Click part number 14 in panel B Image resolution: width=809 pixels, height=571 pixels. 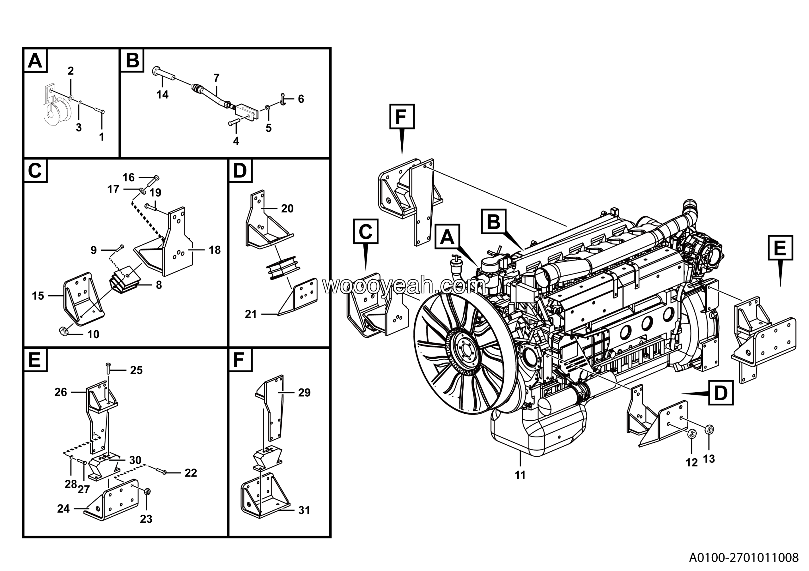[162, 94]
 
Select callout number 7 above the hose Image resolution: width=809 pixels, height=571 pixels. [216, 77]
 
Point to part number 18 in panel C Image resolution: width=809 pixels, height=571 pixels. [215, 250]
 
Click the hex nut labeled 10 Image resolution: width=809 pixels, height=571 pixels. [64, 331]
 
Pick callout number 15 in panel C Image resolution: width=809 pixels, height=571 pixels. [38, 296]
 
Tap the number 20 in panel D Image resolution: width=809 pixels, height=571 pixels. [287, 208]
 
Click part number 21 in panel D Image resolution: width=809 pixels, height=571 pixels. [251, 314]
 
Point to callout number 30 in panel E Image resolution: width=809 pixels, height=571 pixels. [135, 460]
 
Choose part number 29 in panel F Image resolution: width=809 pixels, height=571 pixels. [304, 393]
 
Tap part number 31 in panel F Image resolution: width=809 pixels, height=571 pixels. [304, 510]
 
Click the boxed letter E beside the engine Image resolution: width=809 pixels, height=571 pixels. [780, 248]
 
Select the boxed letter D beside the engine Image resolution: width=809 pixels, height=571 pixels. [721, 393]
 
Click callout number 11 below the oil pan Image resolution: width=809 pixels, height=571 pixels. [520, 475]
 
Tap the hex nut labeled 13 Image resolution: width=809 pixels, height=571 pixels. [710, 429]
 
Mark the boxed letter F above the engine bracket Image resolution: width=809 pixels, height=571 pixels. [402, 117]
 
